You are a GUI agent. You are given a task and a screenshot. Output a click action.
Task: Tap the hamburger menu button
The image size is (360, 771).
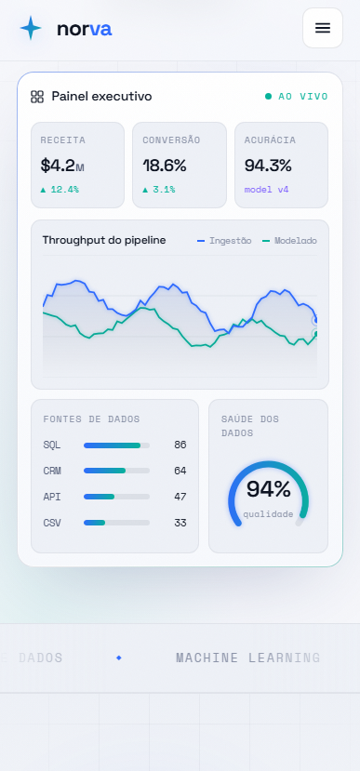coord(323,28)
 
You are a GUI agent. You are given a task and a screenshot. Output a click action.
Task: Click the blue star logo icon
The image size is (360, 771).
coord(31,28)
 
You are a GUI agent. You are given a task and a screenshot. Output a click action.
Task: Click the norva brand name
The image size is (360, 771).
coord(84,29)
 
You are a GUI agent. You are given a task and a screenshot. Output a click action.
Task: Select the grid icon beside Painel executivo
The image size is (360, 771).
coord(37,97)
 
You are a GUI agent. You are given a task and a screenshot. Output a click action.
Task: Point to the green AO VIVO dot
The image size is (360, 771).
coord(268,97)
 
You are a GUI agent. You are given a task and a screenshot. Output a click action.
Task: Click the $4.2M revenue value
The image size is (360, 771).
coord(62,166)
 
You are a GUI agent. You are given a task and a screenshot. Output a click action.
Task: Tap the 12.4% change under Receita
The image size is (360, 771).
coord(60,190)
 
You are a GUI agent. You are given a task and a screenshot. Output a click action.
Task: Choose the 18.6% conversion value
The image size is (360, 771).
coord(165,166)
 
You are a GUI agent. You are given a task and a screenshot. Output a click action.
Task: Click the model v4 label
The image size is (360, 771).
coord(267,190)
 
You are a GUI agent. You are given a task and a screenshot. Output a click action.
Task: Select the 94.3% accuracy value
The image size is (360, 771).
coord(268,166)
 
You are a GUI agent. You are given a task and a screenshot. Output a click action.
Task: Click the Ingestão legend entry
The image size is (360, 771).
coord(224,241)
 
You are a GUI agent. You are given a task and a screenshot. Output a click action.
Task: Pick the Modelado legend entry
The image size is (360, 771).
coord(289,241)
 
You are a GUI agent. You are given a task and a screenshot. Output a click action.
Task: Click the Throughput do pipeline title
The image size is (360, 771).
coord(104,241)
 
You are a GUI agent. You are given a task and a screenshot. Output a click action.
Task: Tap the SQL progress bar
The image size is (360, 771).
coord(116,445)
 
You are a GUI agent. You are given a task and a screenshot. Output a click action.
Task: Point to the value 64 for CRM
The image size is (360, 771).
coord(180,471)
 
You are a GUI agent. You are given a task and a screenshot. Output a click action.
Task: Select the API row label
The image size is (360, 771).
coord(52,498)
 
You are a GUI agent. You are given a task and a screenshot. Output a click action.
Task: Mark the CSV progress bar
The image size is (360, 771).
coord(116,522)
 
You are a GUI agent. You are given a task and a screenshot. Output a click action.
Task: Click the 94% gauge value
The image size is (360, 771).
coord(269,489)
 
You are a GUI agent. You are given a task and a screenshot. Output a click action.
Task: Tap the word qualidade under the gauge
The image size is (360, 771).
coord(268,514)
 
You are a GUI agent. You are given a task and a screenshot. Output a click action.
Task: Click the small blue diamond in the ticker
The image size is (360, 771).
coord(118,658)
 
